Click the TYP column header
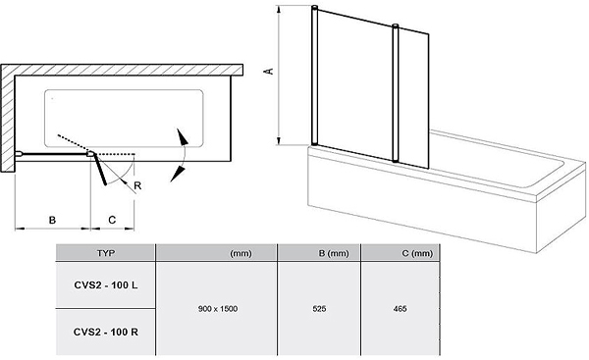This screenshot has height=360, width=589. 106,253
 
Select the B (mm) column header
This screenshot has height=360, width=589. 334,253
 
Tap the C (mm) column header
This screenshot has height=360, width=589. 417,253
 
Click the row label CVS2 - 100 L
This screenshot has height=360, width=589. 106,285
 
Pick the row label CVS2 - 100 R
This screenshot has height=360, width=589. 106,333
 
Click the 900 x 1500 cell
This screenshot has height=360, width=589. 218,309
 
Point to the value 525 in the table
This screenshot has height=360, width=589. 319,309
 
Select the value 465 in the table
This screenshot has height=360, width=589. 401,309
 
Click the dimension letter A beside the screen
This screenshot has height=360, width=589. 270,71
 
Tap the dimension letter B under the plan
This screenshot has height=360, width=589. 53,220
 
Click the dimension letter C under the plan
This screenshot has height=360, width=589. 112,220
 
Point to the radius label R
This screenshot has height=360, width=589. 137,185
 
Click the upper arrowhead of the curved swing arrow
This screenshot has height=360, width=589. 183,137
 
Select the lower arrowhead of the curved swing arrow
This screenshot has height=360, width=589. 178,175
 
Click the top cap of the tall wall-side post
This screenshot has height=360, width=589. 315,7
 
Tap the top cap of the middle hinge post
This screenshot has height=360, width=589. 396,26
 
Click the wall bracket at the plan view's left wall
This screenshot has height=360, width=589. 20,153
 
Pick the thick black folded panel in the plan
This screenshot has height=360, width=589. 100,170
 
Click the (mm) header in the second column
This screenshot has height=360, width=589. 241,253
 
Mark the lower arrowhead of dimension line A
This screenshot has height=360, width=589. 279,141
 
